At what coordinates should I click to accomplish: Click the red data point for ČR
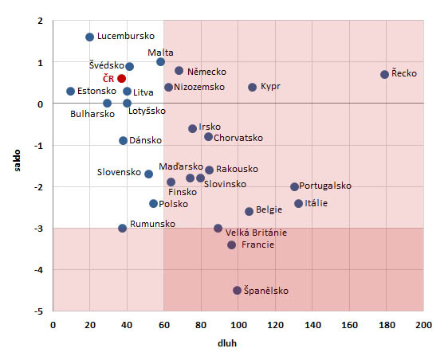(x=121, y=78)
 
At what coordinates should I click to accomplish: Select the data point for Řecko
(x=384, y=74)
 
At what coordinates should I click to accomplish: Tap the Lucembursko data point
(x=89, y=37)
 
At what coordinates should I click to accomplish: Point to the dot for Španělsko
(x=237, y=290)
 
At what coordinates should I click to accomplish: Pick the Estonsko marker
(x=70, y=91)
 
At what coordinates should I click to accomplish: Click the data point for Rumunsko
(x=122, y=228)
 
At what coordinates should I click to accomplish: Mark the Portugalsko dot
(x=294, y=186)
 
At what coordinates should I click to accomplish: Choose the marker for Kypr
(x=252, y=87)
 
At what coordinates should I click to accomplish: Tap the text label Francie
(x=257, y=245)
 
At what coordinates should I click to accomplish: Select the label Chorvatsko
(x=241, y=138)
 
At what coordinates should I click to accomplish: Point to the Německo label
(x=207, y=72)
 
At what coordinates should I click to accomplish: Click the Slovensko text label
(x=119, y=172)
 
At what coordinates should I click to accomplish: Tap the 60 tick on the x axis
(x=164, y=325)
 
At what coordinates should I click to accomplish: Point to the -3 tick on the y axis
(x=37, y=229)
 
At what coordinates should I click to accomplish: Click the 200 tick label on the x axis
(x=423, y=325)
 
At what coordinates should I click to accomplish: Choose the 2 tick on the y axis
(x=39, y=21)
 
